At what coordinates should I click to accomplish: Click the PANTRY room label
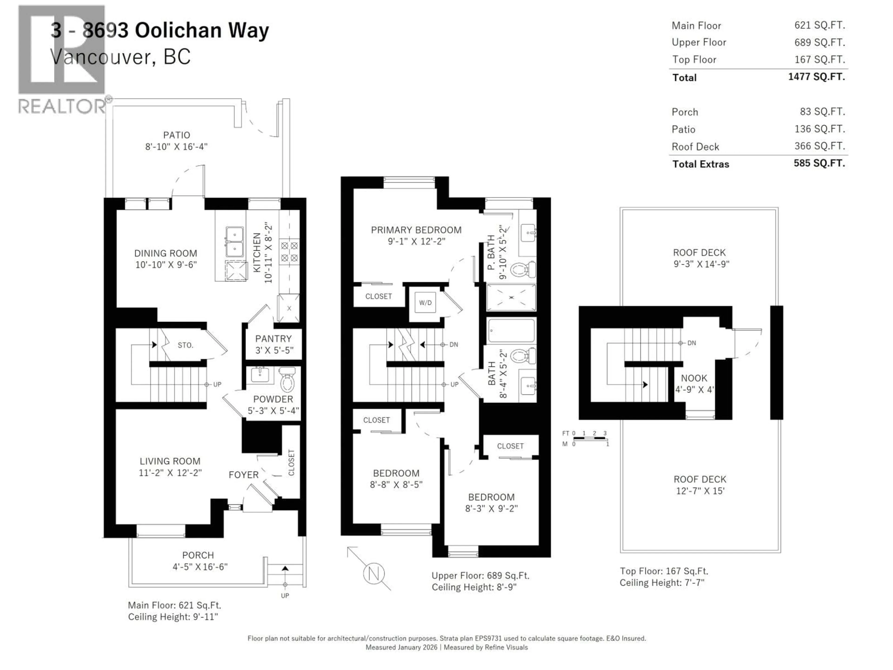[x=273, y=338]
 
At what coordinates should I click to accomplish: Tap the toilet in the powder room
[x=287, y=379]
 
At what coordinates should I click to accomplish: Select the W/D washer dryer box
[x=425, y=303]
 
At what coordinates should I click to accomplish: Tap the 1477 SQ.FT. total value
[x=816, y=77]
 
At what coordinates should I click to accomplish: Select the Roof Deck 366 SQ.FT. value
[x=820, y=146]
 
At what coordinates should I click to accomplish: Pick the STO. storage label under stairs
[x=185, y=345]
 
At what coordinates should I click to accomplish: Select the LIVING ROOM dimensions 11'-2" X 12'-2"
[x=170, y=472]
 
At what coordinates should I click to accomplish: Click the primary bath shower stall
[x=511, y=298]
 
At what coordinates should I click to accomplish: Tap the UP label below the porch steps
[x=285, y=596]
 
